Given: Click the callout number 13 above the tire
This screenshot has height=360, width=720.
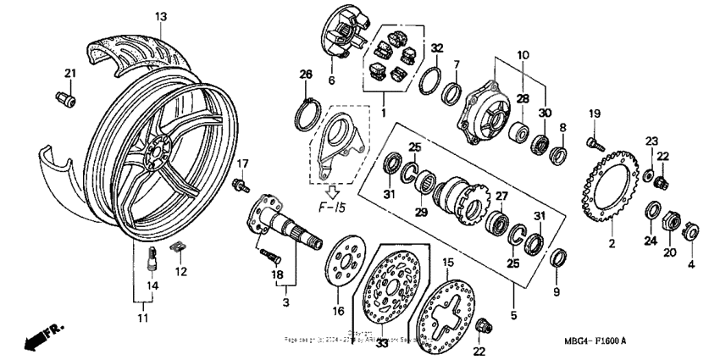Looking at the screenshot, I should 161,16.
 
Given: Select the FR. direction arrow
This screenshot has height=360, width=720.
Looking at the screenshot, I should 42,335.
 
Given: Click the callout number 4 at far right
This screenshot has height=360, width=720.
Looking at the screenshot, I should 691,263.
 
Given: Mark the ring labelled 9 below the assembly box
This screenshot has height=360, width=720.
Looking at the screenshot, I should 558,257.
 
